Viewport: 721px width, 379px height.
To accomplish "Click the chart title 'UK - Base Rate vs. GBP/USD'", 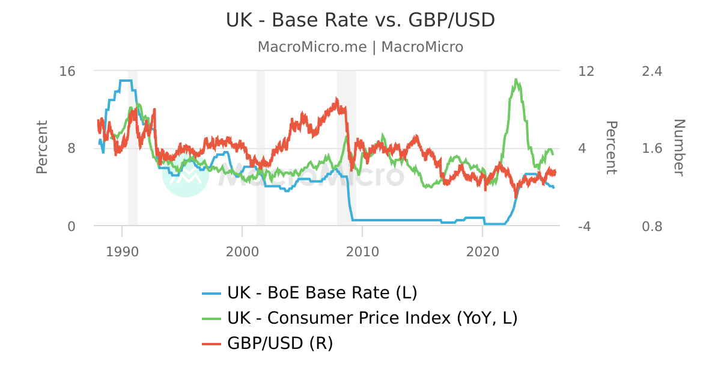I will pos(360,20).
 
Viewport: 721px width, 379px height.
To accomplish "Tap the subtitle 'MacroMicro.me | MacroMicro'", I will pos(360,47).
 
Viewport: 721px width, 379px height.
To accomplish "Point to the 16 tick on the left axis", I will pos(67,71).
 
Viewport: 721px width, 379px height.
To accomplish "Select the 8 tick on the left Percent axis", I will pos(71,149).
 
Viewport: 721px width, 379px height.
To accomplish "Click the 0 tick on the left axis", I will pos(71,226).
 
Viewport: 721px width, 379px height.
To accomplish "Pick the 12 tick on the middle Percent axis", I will pos(586,71).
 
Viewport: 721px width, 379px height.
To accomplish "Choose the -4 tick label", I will pos(586,226).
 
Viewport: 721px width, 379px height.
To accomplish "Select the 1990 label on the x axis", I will pos(122,251).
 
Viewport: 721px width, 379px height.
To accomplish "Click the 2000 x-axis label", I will pos(242,251).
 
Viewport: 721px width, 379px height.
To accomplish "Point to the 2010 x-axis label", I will pos(362,251).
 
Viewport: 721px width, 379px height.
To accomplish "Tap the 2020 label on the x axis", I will pos(483,251).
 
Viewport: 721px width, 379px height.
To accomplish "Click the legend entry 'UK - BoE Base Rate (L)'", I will pos(321,293).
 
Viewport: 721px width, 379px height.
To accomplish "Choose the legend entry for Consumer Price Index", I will pos(372,318).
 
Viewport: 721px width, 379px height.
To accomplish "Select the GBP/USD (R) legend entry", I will pos(279,343).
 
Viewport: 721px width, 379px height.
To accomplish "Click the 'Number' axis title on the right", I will pos(678,147).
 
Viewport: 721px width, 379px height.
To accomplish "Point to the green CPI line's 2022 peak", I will pos(516,79).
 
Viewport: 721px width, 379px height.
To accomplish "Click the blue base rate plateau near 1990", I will pos(126,81).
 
